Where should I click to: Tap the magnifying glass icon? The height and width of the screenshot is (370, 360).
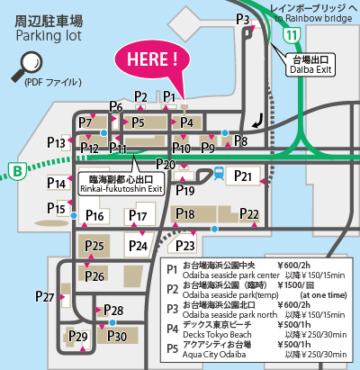[29, 62]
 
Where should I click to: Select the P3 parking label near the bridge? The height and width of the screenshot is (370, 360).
[242, 19]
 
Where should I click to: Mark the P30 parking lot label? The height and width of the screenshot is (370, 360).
[118, 336]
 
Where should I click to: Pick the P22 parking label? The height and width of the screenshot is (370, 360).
[249, 213]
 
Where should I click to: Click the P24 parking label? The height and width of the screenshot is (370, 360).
[138, 245]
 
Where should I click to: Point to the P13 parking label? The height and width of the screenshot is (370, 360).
[56, 142]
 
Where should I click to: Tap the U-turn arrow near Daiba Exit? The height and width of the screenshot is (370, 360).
[259, 117]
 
